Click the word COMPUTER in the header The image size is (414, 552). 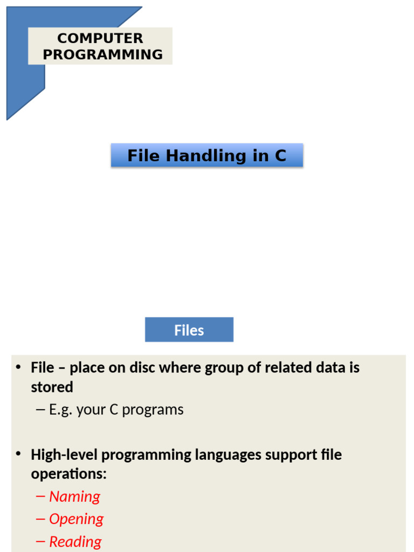pos(100,38)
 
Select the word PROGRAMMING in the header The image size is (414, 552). pos(102,54)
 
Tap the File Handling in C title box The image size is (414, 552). pos(207,156)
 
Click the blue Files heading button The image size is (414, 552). pos(189,330)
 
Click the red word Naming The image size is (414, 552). pos(74,496)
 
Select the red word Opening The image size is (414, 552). pos(76,519)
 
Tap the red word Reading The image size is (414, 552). pos(75,542)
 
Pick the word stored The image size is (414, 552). pos(52,387)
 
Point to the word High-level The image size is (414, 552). pos(64,455)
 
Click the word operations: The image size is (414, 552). pos(68,474)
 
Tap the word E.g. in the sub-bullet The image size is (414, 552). pos(61,410)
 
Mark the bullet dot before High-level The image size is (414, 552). pos(18,454)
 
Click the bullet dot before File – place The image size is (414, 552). pos(18,367)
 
